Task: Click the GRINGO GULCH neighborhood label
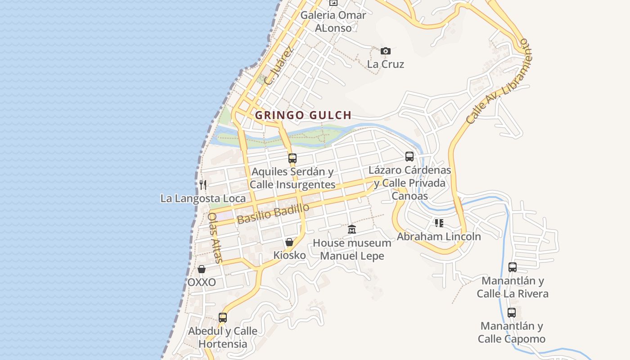coord(303,115)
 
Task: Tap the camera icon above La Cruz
coord(386,51)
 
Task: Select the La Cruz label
coord(386,64)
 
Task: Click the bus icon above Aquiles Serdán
coord(292,158)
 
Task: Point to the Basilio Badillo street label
coord(273,214)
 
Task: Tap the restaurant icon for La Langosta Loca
coord(203,184)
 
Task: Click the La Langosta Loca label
coord(203,198)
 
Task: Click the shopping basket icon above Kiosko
coord(289,242)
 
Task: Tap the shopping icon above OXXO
coord(202,269)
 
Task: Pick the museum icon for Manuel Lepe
coord(352,229)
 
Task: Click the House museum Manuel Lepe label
coord(352,249)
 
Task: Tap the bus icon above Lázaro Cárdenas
coord(409,157)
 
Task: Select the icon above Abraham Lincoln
coord(439,223)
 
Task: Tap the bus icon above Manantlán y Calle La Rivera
coord(513,267)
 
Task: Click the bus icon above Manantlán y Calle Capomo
coord(512,313)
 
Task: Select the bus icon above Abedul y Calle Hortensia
coord(223,318)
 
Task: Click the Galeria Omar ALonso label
coord(333,21)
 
